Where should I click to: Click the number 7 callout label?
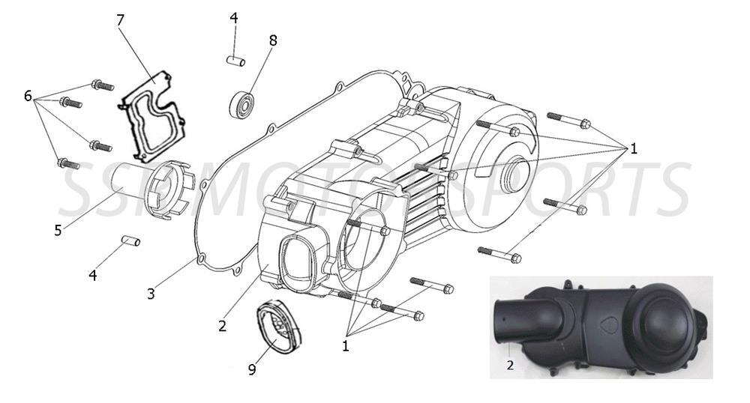[x=121, y=20]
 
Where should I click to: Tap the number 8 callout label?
[x=272, y=40]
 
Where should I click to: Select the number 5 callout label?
[x=58, y=230]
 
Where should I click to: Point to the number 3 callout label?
[x=151, y=294]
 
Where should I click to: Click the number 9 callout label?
[x=252, y=369]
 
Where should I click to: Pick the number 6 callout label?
[x=28, y=96]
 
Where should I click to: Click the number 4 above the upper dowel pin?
[x=234, y=18]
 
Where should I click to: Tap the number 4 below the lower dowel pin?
[x=93, y=275]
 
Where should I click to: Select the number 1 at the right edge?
[x=633, y=148]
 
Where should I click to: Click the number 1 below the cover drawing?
[x=346, y=346]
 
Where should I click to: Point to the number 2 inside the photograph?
[x=511, y=366]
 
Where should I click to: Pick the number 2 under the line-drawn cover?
[x=222, y=326]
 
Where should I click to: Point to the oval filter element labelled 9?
[x=276, y=327]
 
